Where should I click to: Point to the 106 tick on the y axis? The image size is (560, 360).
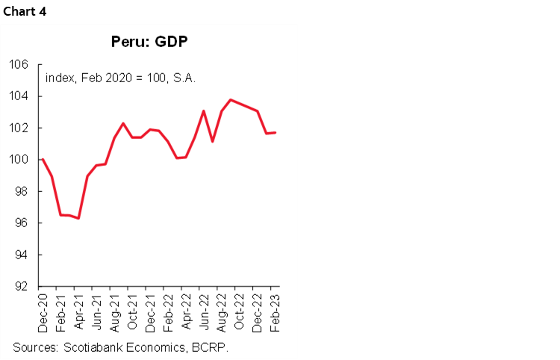point(19,65)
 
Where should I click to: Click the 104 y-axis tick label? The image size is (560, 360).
point(19,96)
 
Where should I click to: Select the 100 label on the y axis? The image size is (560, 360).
point(19,160)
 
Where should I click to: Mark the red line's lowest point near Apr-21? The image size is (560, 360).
point(78,218)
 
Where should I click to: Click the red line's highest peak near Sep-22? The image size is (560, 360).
point(231,99)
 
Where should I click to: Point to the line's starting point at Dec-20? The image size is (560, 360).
point(43,159)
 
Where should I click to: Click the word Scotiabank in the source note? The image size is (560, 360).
point(96,347)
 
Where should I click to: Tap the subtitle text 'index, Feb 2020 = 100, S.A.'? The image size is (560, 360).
point(119,77)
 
